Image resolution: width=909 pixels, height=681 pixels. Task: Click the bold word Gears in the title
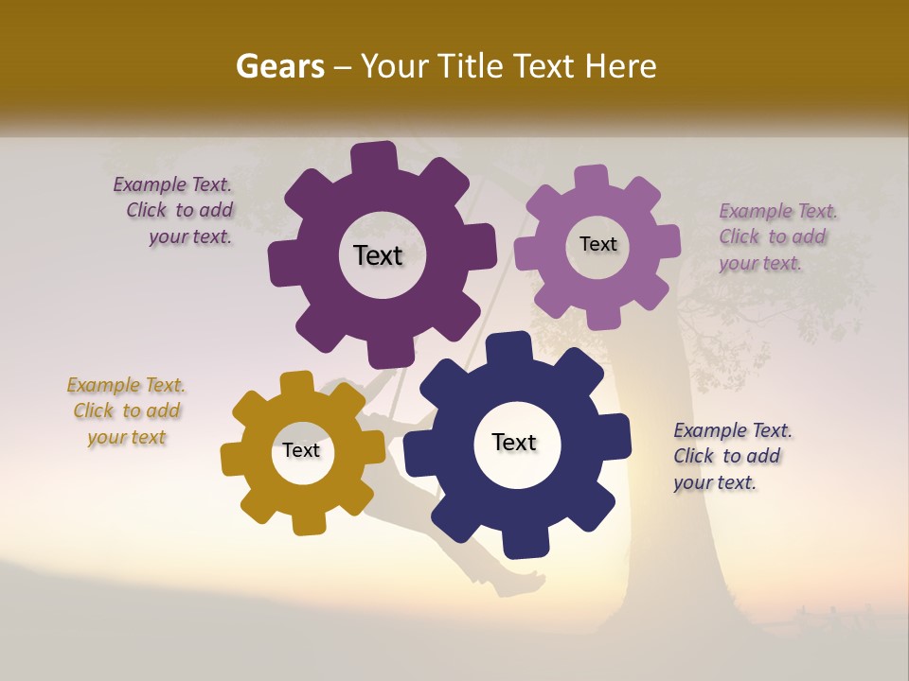click(x=279, y=66)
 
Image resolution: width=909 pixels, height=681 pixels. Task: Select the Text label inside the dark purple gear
click(x=379, y=255)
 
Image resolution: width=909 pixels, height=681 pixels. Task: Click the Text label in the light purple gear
click(x=598, y=244)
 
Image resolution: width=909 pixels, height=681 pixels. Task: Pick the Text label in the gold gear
click(x=301, y=450)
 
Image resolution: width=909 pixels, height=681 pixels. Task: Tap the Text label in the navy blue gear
click(x=514, y=443)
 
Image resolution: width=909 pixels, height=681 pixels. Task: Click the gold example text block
click(x=126, y=411)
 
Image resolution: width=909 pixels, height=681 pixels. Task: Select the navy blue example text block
click(x=732, y=456)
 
